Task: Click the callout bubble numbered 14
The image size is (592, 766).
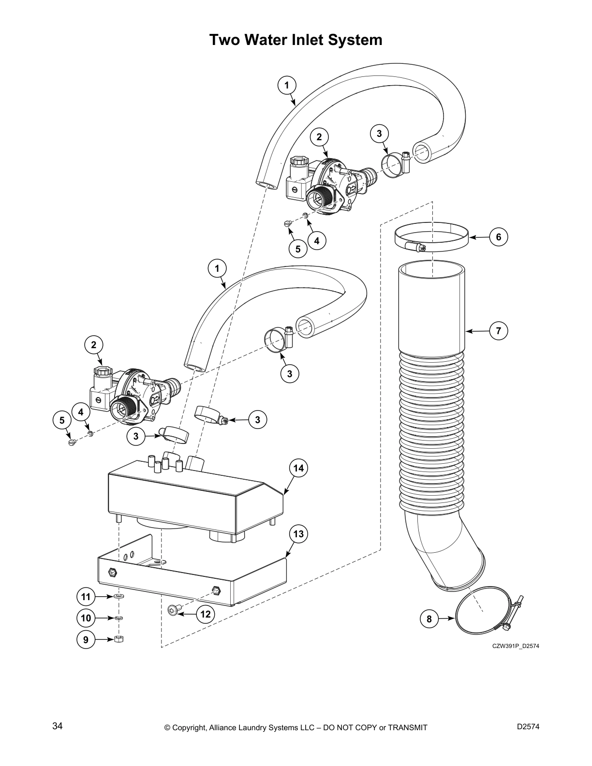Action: (x=298, y=468)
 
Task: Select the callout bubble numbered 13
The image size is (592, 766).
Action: (x=298, y=534)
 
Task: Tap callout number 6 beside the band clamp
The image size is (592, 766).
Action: (x=499, y=236)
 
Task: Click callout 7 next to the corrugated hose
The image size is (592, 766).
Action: (x=499, y=331)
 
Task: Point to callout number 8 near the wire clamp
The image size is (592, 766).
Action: (x=429, y=619)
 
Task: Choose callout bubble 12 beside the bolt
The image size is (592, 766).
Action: (x=206, y=614)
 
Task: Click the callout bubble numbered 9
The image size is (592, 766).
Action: (x=86, y=639)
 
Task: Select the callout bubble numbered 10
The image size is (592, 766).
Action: (x=86, y=618)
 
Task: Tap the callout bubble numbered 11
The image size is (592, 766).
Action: (x=86, y=597)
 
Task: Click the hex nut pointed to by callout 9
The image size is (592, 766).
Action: (x=118, y=639)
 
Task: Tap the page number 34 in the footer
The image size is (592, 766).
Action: (x=57, y=726)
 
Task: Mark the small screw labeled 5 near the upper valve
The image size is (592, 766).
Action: (x=287, y=223)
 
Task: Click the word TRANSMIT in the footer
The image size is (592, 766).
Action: (x=408, y=727)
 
